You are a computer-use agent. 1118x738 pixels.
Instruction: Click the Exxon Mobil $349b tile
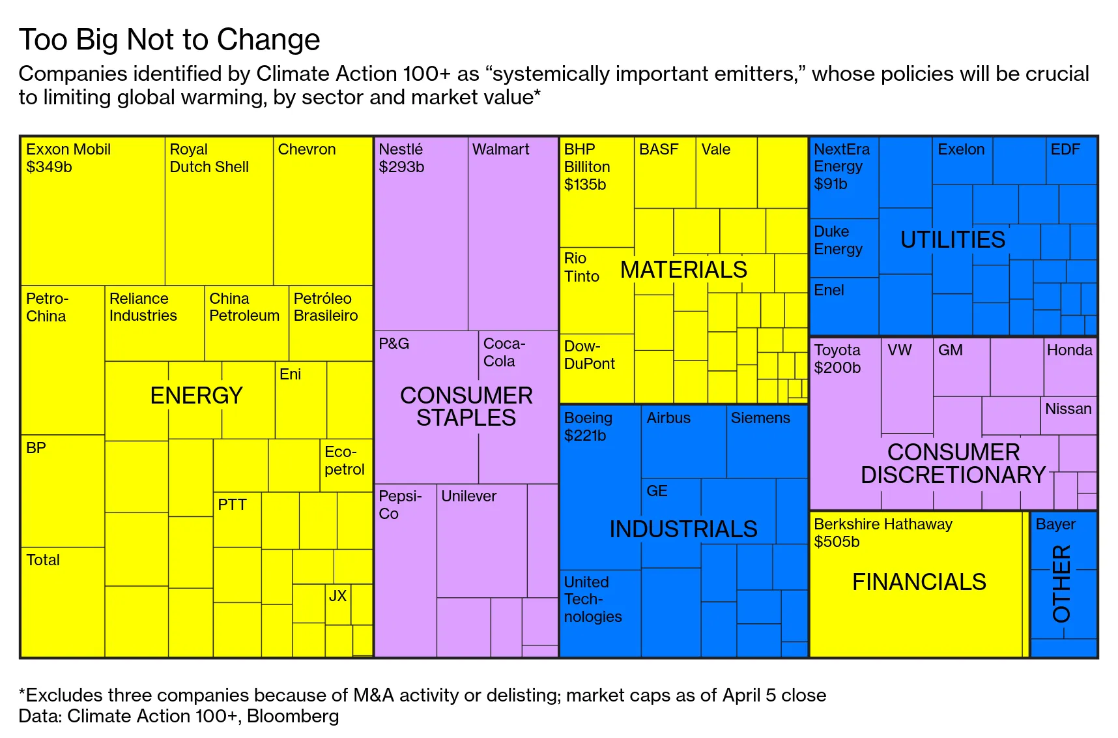[93, 211]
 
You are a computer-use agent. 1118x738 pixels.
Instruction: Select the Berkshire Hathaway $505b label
[883, 533]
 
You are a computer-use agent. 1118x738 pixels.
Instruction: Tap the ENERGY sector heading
[196, 395]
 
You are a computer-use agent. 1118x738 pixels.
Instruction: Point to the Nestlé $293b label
[401, 158]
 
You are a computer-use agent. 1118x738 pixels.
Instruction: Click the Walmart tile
[513, 233]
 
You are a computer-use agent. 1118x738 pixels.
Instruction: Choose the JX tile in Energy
[337, 604]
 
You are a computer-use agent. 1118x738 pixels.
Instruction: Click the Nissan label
[1068, 409]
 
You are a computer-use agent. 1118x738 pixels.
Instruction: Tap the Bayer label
[1055, 524]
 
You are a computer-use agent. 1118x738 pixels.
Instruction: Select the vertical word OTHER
[1061, 583]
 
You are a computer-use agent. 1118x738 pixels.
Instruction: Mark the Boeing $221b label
[588, 426]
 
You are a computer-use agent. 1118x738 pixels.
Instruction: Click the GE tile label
[657, 491]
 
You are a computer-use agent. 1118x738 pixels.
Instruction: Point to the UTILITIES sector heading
[953, 240]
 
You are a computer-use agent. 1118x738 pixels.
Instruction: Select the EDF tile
[1071, 160]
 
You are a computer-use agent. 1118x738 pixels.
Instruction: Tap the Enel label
[829, 290]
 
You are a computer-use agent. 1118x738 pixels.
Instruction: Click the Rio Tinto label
[581, 267]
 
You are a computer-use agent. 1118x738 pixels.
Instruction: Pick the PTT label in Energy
[232, 505]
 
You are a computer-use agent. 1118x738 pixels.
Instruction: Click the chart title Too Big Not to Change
[169, 40]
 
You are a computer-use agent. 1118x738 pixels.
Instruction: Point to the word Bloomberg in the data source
[293, 716]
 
